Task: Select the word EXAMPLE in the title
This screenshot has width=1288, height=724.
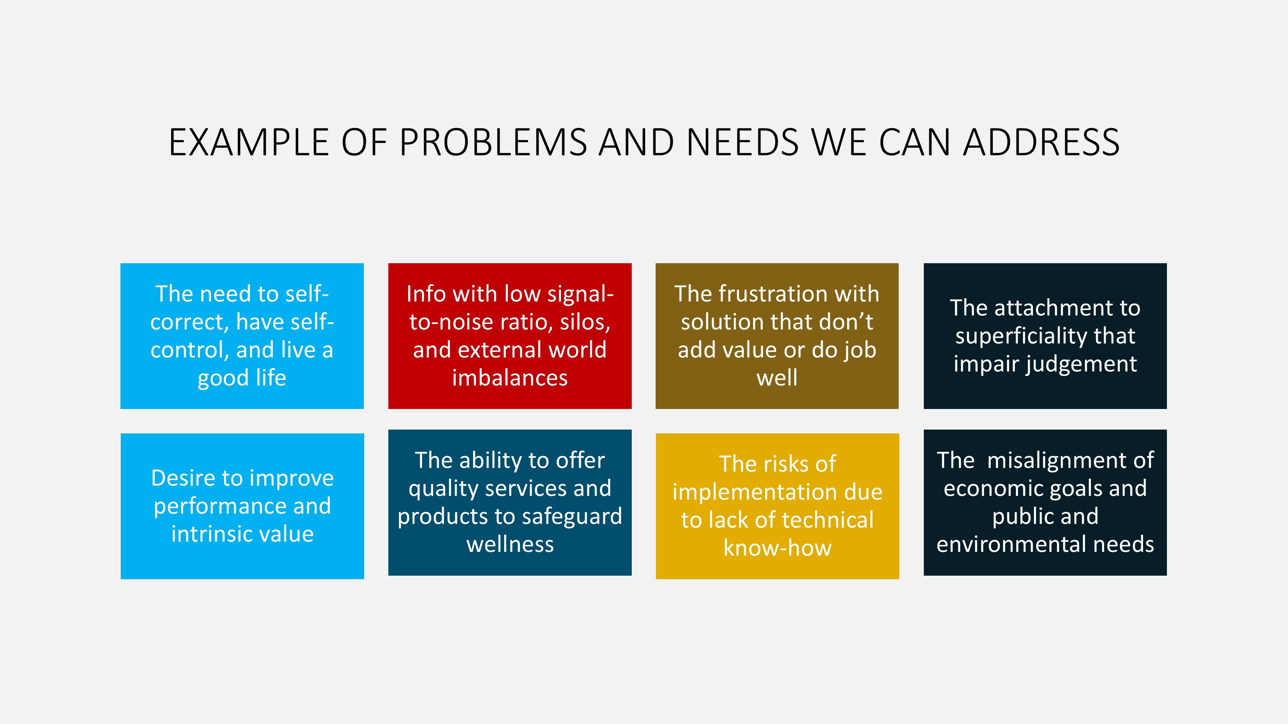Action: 249,143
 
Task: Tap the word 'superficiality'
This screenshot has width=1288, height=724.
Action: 1020,336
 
